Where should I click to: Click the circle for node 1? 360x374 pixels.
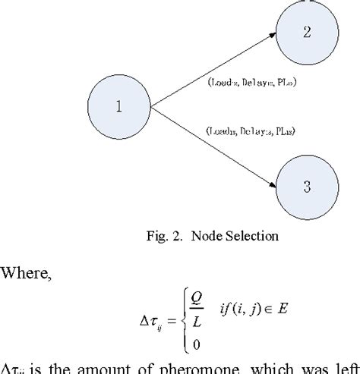pyautogui.click(x=118, y=106)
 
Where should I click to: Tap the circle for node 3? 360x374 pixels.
pyautogui.click(x=305, y=184)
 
